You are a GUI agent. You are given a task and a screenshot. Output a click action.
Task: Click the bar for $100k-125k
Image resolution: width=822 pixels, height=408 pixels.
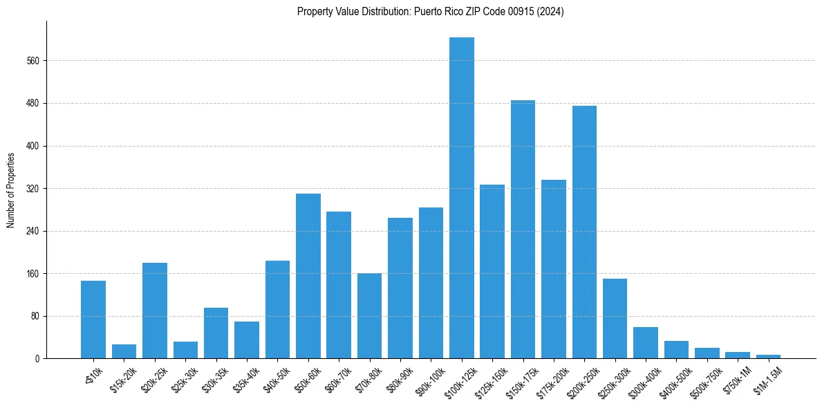click(x=461, y=198)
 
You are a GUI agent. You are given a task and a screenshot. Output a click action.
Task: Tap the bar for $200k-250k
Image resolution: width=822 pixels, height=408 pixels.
click(x=584, y=232)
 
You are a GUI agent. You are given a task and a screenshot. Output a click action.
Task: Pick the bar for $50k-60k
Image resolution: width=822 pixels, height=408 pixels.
click(x=308, y=276)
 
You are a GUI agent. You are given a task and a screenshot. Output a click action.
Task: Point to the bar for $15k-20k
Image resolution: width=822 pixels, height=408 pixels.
click(x=124, y=351)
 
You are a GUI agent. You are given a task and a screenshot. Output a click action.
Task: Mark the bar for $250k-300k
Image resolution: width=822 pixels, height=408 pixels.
click(x=615, y=319)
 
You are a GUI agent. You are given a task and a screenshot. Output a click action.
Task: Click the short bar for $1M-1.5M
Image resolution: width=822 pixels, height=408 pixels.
click(x=768, y=356)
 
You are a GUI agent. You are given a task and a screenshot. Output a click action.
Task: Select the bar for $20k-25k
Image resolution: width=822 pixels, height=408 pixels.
click(x=154, y=310)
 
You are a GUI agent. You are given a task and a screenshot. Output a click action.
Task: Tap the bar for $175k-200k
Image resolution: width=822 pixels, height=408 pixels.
click(x=553, y=269)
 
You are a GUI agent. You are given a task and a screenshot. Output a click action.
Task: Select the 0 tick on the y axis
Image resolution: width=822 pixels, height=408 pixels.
click(x=39, y=359)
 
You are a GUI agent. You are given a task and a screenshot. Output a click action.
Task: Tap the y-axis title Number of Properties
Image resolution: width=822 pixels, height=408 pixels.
click(x=11, y=190)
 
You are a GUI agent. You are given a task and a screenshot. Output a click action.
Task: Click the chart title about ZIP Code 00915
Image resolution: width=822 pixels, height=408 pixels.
click(x=430, y=12)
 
